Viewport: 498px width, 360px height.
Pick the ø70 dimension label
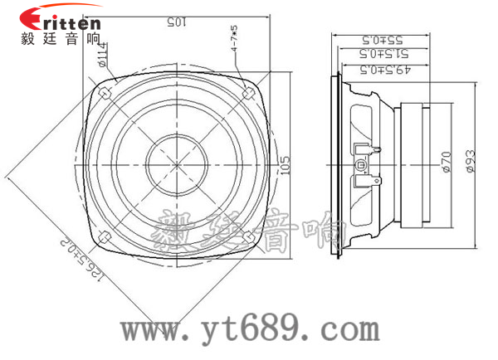446,159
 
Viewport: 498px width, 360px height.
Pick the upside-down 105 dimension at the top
174,22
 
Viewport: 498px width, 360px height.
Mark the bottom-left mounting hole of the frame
106,235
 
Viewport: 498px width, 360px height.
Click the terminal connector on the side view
366,163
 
